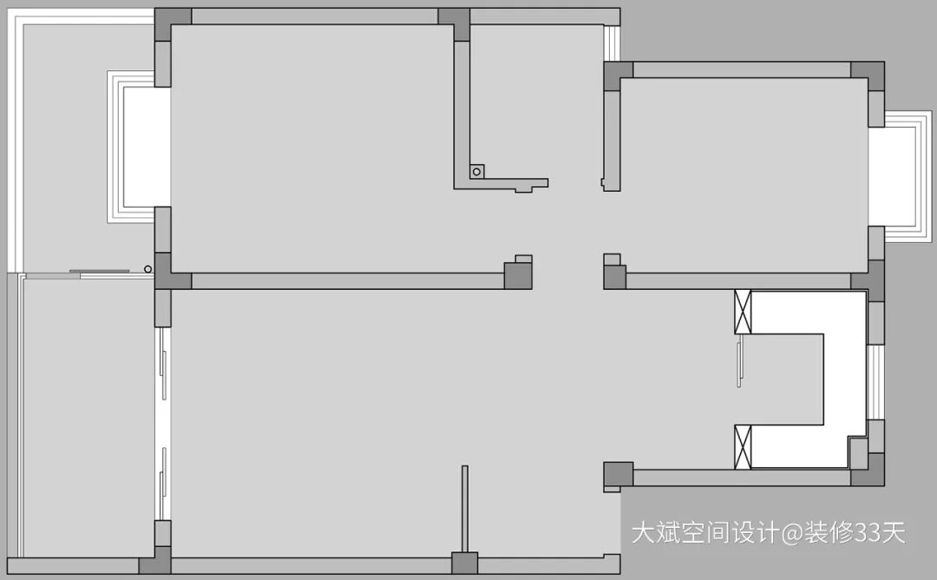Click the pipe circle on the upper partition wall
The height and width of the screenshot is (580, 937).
pos(476,172)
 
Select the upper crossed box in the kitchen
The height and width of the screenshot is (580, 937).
pos(743,313)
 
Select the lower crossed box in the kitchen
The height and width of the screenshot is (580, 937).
pos(743,446)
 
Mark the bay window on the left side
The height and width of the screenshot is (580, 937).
pos(130,147)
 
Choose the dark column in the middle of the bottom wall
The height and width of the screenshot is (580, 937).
pos(464,564)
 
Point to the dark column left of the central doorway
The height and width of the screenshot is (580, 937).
pos(518,275)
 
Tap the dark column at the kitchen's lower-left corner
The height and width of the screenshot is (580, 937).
pos(619,476)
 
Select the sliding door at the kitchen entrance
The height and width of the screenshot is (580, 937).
pos(739,363)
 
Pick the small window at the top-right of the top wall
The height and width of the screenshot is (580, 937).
pos(613,41)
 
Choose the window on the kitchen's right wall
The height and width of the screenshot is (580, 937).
pos(875,382)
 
